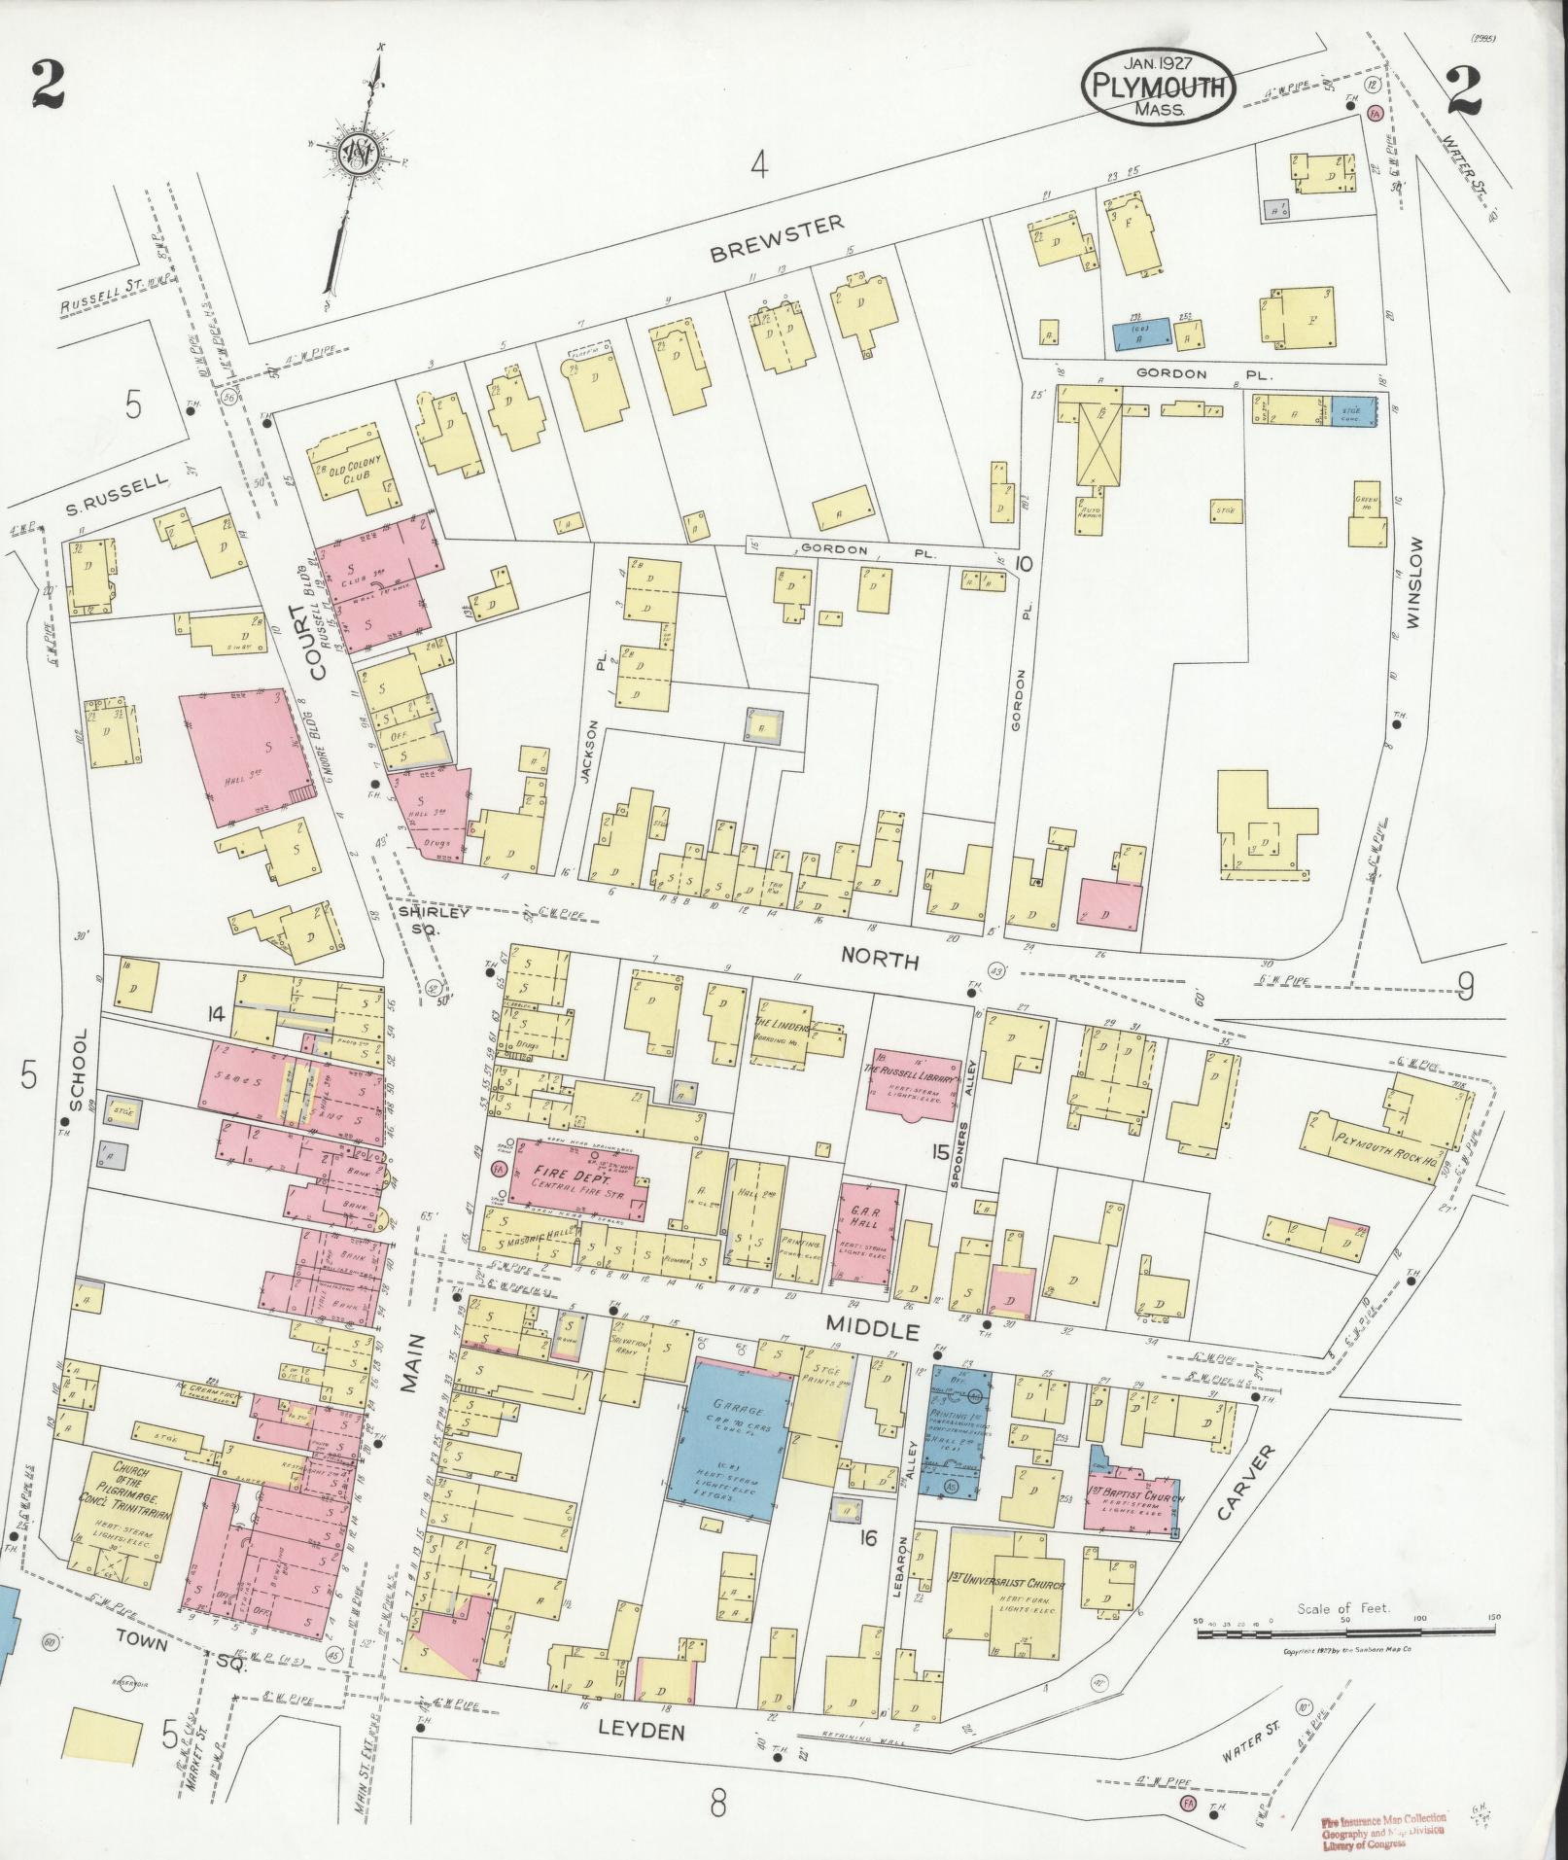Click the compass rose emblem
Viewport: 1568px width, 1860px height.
click(x=359, y=154)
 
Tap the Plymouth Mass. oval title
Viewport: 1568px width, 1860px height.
click(x=1159, y=88)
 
